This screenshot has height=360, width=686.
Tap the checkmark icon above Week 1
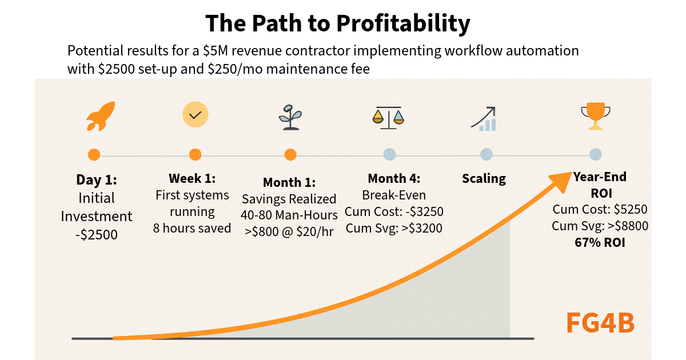[195, 115]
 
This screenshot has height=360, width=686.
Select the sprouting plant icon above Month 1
[290, 117]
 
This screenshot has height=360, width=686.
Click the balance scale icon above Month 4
[388, 117]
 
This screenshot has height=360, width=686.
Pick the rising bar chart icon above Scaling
[484, 118]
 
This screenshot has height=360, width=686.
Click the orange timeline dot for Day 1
[94, 155]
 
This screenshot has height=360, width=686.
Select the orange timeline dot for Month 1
[290, 155]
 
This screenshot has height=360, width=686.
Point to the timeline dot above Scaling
[486, 154]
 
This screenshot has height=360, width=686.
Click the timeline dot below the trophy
[596, 154]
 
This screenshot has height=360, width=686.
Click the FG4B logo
[600, 323]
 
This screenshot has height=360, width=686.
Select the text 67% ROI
[600, 242]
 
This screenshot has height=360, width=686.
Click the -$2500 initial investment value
[96, 234]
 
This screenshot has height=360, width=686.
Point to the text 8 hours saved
[192, 228]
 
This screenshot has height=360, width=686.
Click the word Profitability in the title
[402, 23]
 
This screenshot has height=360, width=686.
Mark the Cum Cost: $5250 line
[600, 209]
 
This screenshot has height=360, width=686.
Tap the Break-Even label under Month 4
[394, 195]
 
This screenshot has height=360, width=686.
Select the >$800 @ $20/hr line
[289, 231]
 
